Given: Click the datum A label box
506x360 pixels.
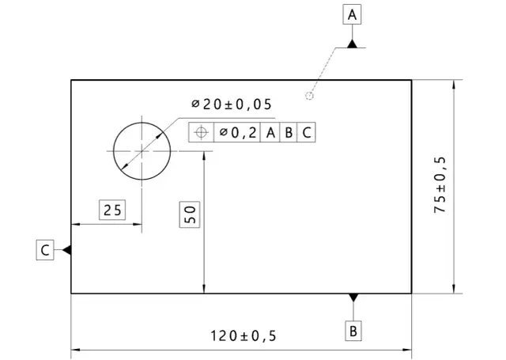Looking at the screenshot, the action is pyautogui.click(x=352, y=14).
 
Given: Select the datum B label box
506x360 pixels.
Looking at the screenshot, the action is pyautogui.click(x=353, y=331).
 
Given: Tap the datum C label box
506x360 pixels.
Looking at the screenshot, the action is pyautogui.click(x=45, y=250).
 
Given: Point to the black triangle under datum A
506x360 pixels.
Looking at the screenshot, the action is pyautogui.click(x=353, y=44).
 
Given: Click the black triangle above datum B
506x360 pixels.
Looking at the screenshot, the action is pyautogui.click(x=353, y=297).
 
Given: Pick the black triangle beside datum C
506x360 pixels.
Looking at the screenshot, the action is pyautogui.click(x=66, y=250).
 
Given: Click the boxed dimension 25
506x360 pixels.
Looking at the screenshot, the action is pyautogui.click(x=112, y=210).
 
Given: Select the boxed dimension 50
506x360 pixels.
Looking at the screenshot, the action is pyautogui.click(x=190, y=214).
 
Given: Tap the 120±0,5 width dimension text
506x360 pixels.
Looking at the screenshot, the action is pyautogui.click(x=244, y=335).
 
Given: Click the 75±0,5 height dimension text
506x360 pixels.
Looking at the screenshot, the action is pyautogui.click(x=440, y=184).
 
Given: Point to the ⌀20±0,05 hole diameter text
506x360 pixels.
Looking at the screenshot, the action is pyautogui.click(x=232, y=104).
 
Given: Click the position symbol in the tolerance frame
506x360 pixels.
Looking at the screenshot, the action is pyautogui.click(x=202, y=132).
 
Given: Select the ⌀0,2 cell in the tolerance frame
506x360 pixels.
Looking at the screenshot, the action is pyautogui.click(x=237, y=132).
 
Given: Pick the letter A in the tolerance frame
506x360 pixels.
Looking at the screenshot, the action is pyautogui.click(x=270, y=132).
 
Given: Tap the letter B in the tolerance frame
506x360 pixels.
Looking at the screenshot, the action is pyautogui.click(x=289, y=132).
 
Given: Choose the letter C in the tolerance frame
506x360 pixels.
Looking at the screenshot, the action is pyautogui.click(x=307, y=132).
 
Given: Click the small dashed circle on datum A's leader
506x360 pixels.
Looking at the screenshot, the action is pyautogui.click(x=309, y=96).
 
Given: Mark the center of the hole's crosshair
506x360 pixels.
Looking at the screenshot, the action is pyautogui.click(x=142, y=151).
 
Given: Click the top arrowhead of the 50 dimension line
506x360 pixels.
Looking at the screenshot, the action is pyautogui.click(x=204, y=156).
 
